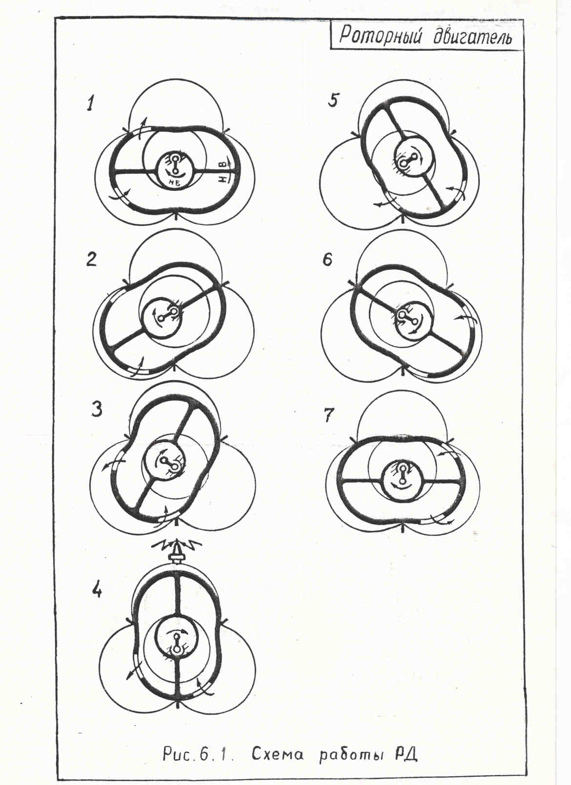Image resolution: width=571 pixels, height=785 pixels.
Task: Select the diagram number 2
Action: (x=91, y=260)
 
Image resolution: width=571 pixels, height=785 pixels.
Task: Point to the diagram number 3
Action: (x=97, y=409)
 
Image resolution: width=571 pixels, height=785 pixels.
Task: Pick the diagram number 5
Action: (x=333, y=101)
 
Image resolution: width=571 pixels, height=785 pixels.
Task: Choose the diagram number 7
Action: (x=329, y=415)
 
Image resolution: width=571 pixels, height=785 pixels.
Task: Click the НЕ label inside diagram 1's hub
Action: (x=175, y=181)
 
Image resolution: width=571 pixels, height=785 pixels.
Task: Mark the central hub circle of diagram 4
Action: (x=176, y=635)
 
